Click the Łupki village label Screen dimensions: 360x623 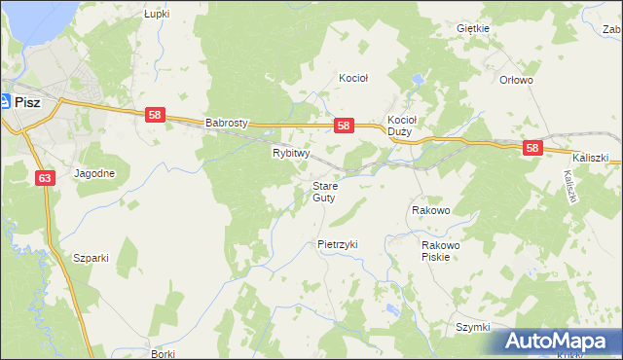(x=157, y=15)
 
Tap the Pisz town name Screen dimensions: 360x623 (x=26, y=100)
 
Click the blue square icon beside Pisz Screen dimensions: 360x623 (x=5, y=100)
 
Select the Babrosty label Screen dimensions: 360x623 (x=228, y=124)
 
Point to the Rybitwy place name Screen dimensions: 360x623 (x=290, y=153)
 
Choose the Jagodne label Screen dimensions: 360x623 (x=94, y=174)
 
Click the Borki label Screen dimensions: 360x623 (x=163, y=354)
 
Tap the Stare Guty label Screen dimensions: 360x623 (x=324, y=192)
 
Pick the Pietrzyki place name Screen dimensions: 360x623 (x=338, y=244)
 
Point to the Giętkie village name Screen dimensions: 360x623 (x=472, y=28)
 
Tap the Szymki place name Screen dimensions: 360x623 (x=472, y=327)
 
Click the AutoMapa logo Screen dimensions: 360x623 (x=560, y=341)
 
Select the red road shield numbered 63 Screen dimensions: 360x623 (x=46, y=178)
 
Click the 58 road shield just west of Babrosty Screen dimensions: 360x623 (x=155, y=115)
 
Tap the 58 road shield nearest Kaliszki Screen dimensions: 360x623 (x=531, y=148)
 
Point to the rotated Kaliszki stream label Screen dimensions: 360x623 (x=570, y=185)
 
